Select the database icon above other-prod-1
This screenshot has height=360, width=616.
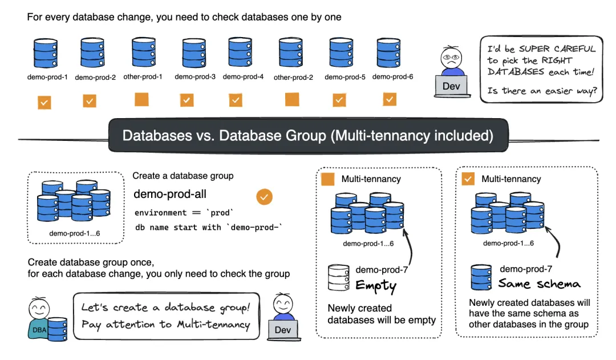(144, 52)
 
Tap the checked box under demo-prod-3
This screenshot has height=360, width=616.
(187, 100)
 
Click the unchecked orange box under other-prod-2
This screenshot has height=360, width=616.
(292, 100)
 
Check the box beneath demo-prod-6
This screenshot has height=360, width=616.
(390, 100)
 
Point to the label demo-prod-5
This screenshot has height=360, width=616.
(345, 76)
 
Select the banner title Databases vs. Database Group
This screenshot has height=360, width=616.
(307, 136)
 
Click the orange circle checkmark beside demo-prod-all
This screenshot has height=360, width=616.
(264, 197)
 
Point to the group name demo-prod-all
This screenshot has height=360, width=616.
(170, 195)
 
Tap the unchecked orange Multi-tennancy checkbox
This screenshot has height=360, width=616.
(328, 179)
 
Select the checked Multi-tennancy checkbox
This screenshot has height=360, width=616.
(468, 179)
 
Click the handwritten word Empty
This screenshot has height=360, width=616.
(376, 285)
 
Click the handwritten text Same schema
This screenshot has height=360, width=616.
(539, 283)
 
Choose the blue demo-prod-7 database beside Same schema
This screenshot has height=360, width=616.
(481, 277)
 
